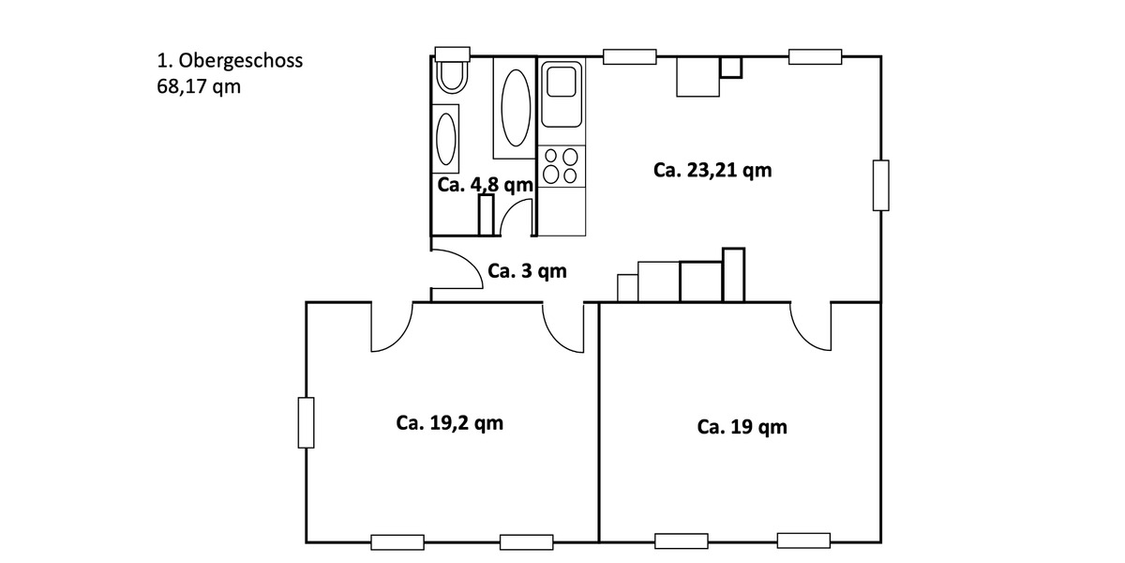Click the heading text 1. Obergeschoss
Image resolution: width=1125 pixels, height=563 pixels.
[230, 62]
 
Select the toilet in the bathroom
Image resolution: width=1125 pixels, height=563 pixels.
[452, 76]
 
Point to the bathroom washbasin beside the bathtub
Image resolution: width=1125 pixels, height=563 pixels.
[446, 137]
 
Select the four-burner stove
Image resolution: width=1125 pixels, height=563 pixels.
[562, 166]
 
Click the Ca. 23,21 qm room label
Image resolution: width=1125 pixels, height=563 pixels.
[712, 170]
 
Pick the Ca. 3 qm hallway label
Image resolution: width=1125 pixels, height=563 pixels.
[527, 271]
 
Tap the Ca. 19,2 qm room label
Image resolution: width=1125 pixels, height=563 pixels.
[450, 423]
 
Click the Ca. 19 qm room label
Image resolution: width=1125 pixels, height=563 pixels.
[742, 427]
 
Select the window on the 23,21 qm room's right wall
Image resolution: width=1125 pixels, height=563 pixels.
[880, 185]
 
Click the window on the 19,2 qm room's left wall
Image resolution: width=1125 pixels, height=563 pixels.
[306, 422]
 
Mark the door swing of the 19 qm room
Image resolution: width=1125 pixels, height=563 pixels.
[810, 328]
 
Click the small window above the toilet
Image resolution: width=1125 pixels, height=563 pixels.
[452, 53]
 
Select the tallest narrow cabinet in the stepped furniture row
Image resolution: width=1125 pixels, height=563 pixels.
[733, 275]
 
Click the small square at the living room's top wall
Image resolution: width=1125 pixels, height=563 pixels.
[730, 67]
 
